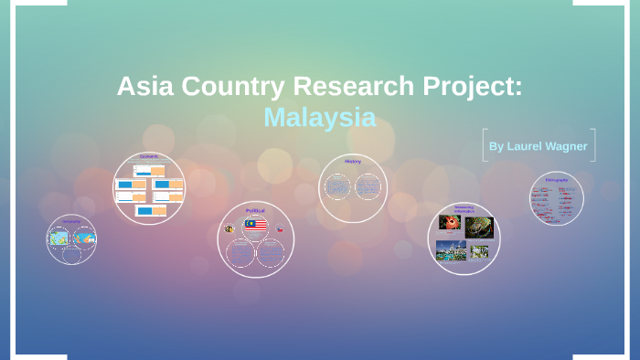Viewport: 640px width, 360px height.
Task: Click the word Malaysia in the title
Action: tap(319, 117)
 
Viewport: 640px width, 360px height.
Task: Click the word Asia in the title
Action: tap(144, 87)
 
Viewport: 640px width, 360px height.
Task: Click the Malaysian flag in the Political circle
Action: tap(256, 225)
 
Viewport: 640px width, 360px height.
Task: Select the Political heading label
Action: tap(255, 211)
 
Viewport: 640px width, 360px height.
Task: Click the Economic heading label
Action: tap(149, 156)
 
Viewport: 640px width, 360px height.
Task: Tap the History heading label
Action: tap(353, 162)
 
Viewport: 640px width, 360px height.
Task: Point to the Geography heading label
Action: tap(71, 222)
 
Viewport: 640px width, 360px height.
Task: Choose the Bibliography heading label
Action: tap(557, 180)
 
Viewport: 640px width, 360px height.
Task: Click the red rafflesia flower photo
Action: tap(450, 223)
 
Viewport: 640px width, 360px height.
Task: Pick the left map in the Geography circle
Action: tap(59, 238)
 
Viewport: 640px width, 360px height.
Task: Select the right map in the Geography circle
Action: tap(85, 238)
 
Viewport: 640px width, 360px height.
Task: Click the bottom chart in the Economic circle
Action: tap(150, 211)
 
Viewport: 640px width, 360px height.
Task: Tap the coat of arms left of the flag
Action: tap(229, 228)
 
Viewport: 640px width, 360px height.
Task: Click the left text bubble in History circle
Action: tap(337, 187)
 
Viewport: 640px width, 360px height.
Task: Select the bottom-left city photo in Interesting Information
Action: tap(451, 249)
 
